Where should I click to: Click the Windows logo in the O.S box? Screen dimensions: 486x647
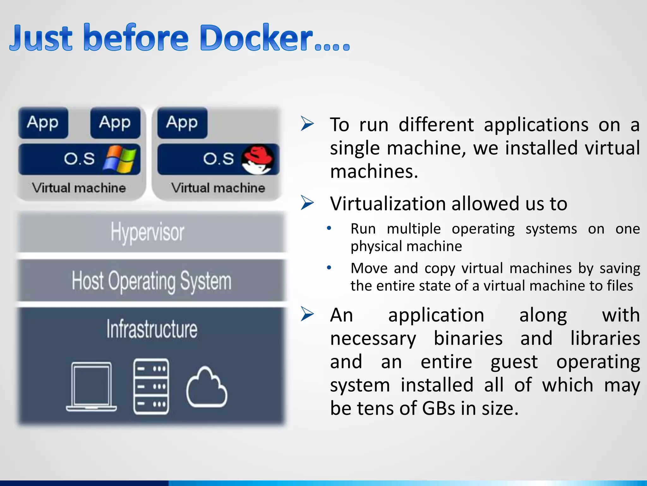tap(120, 159)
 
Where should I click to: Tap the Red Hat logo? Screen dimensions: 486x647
tap(258, 159)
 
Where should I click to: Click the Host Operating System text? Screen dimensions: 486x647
tap(151, 281)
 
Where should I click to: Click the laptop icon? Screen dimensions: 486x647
tap(92, 387)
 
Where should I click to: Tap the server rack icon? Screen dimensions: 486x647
tap(151, 386)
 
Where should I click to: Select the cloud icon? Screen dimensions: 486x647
tap(207, 388)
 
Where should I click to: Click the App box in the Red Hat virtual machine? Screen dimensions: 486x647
tap(182, 123)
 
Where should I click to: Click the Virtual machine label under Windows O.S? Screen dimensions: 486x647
tap(79, 188)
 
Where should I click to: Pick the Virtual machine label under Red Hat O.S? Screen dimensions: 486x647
tap(218, 188)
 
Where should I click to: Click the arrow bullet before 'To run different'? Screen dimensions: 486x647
tap(307, 124)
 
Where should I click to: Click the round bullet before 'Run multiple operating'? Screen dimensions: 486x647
tap(329, 228)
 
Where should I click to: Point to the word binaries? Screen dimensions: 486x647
tap(468, 338)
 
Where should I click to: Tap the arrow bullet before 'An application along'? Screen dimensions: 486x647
tap(307, 314)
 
